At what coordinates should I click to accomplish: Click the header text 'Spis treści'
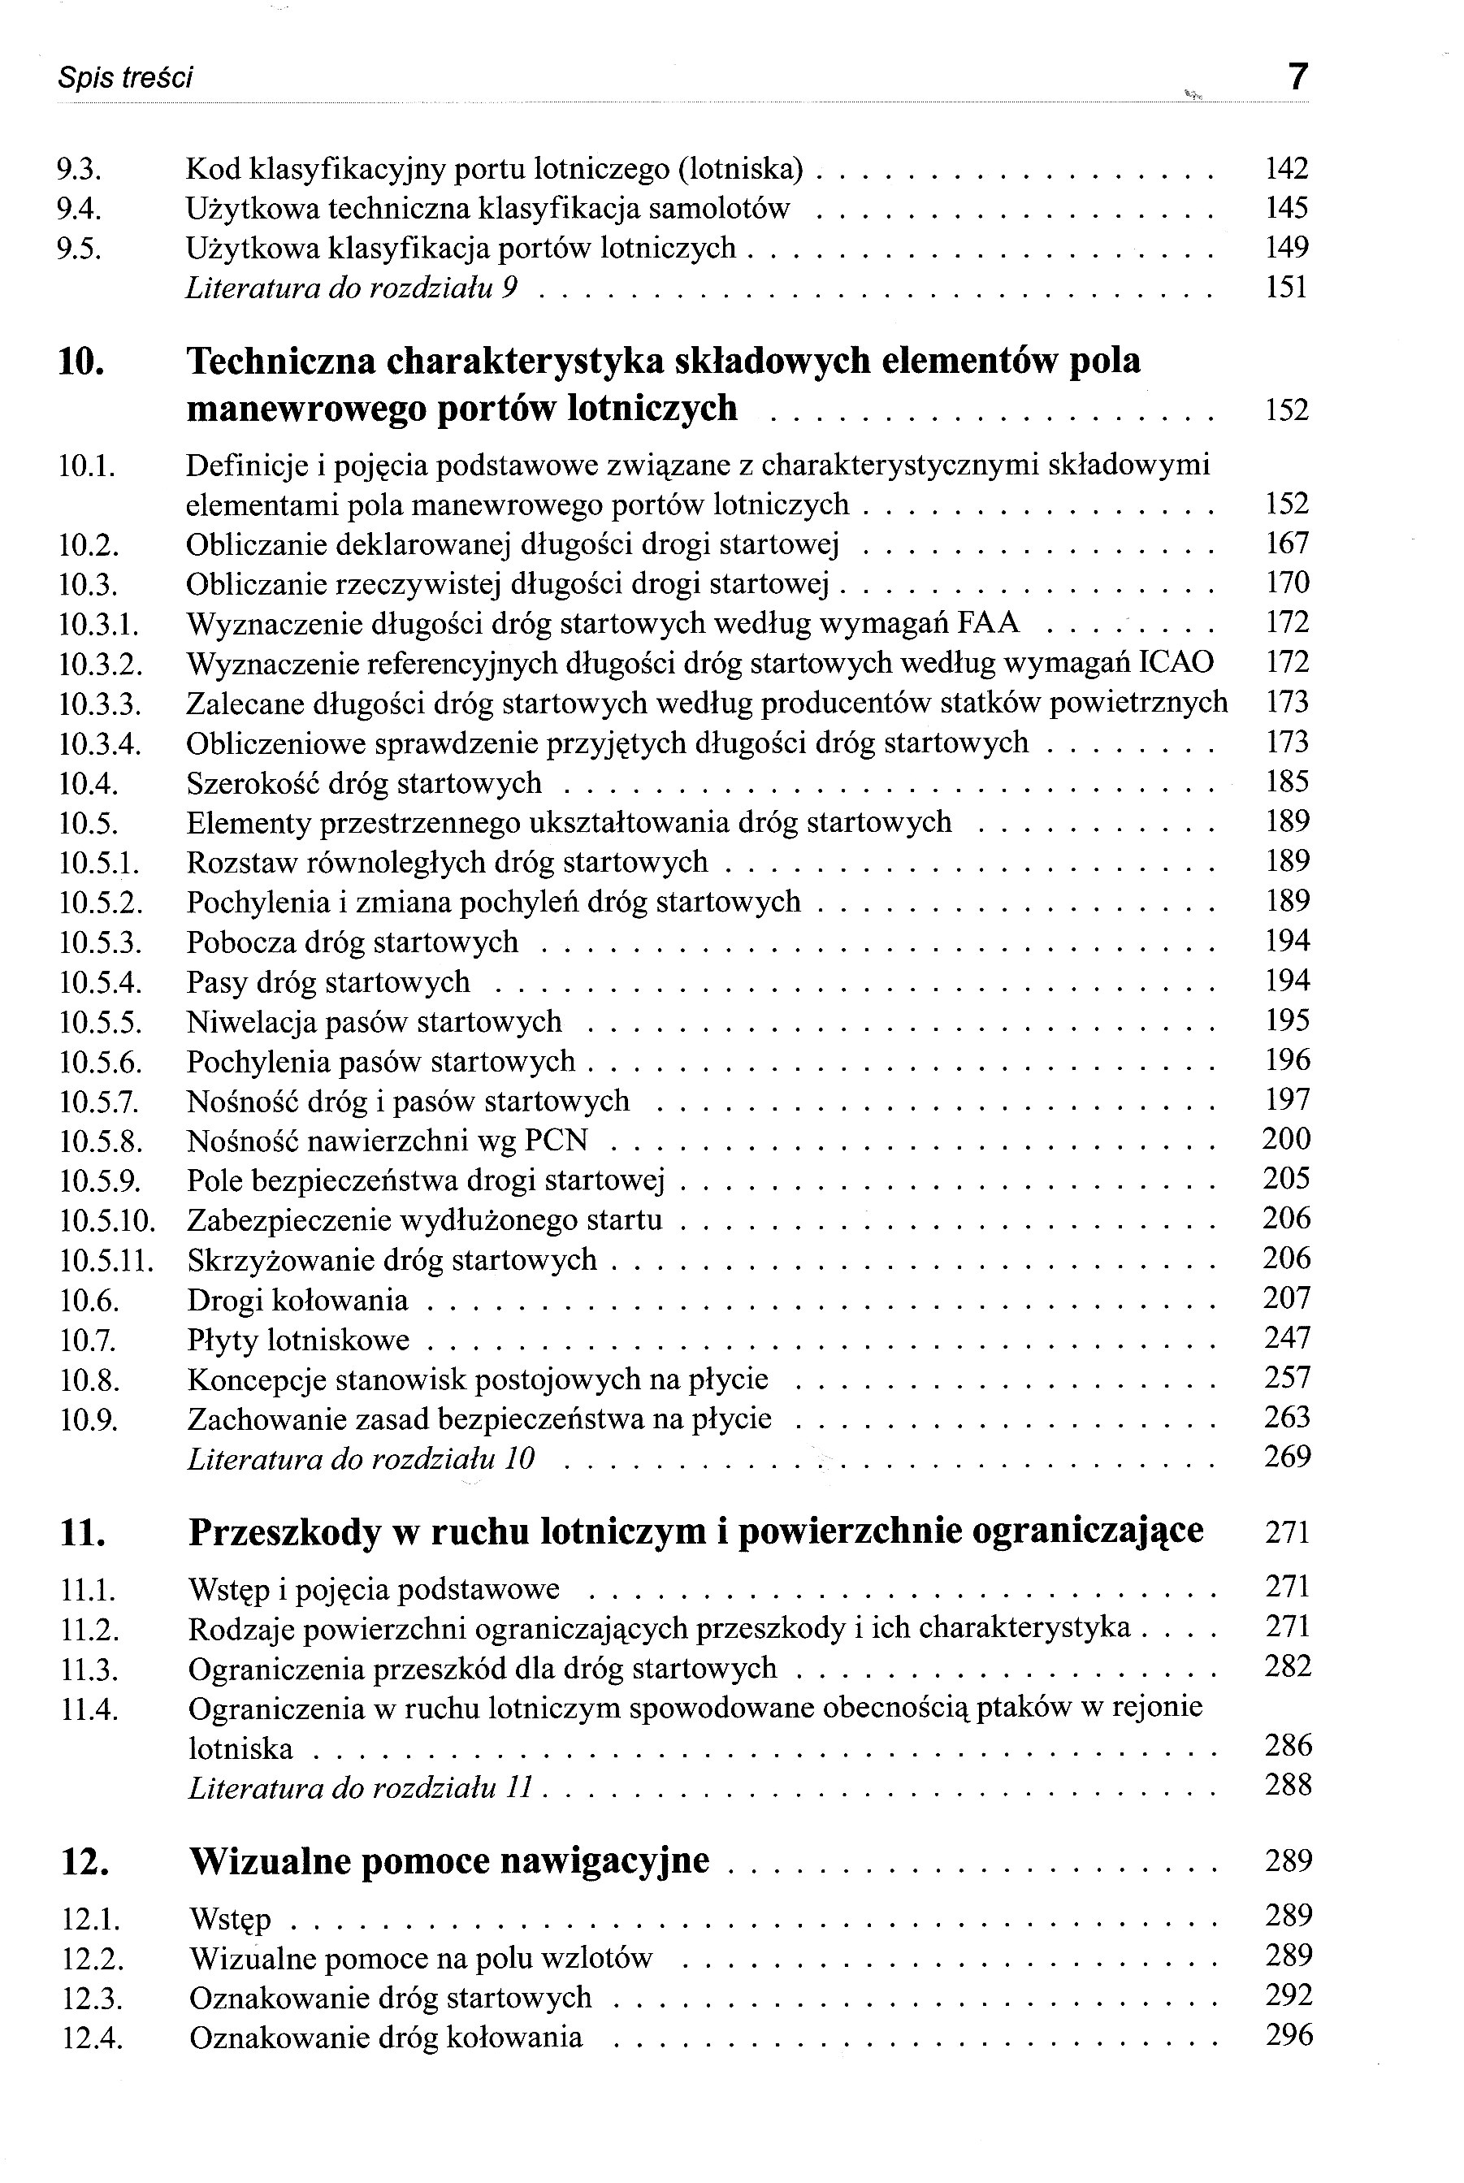click(x=125, y=77)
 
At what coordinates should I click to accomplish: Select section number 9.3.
click(x=79, y=169)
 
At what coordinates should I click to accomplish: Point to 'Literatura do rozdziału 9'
click(x=352, y=288)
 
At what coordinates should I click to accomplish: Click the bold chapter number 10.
click(x=81, y=362)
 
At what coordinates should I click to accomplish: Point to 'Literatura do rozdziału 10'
click(x=362, y=1458)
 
